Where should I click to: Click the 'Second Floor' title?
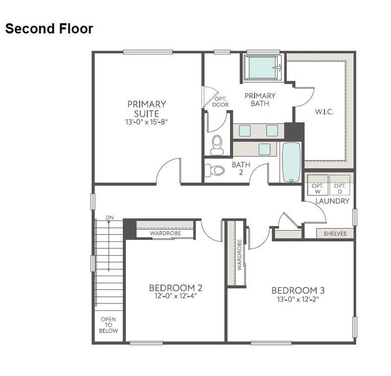(49, 29)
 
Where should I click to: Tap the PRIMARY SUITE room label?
(147, 108)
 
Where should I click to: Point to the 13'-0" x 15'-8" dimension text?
(147, 121)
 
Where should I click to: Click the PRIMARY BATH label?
(260, 99)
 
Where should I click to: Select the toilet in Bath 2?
(214, 170)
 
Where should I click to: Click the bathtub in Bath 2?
(291, 162)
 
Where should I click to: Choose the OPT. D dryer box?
(340, 186)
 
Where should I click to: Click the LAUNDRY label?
(332, 201)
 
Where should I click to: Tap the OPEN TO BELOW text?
(109, 325)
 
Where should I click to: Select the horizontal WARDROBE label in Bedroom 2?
(165, 234)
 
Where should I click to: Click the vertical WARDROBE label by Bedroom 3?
(240, 255)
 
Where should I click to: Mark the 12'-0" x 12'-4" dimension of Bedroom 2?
(176, 296)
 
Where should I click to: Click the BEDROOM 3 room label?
(298, 290)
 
